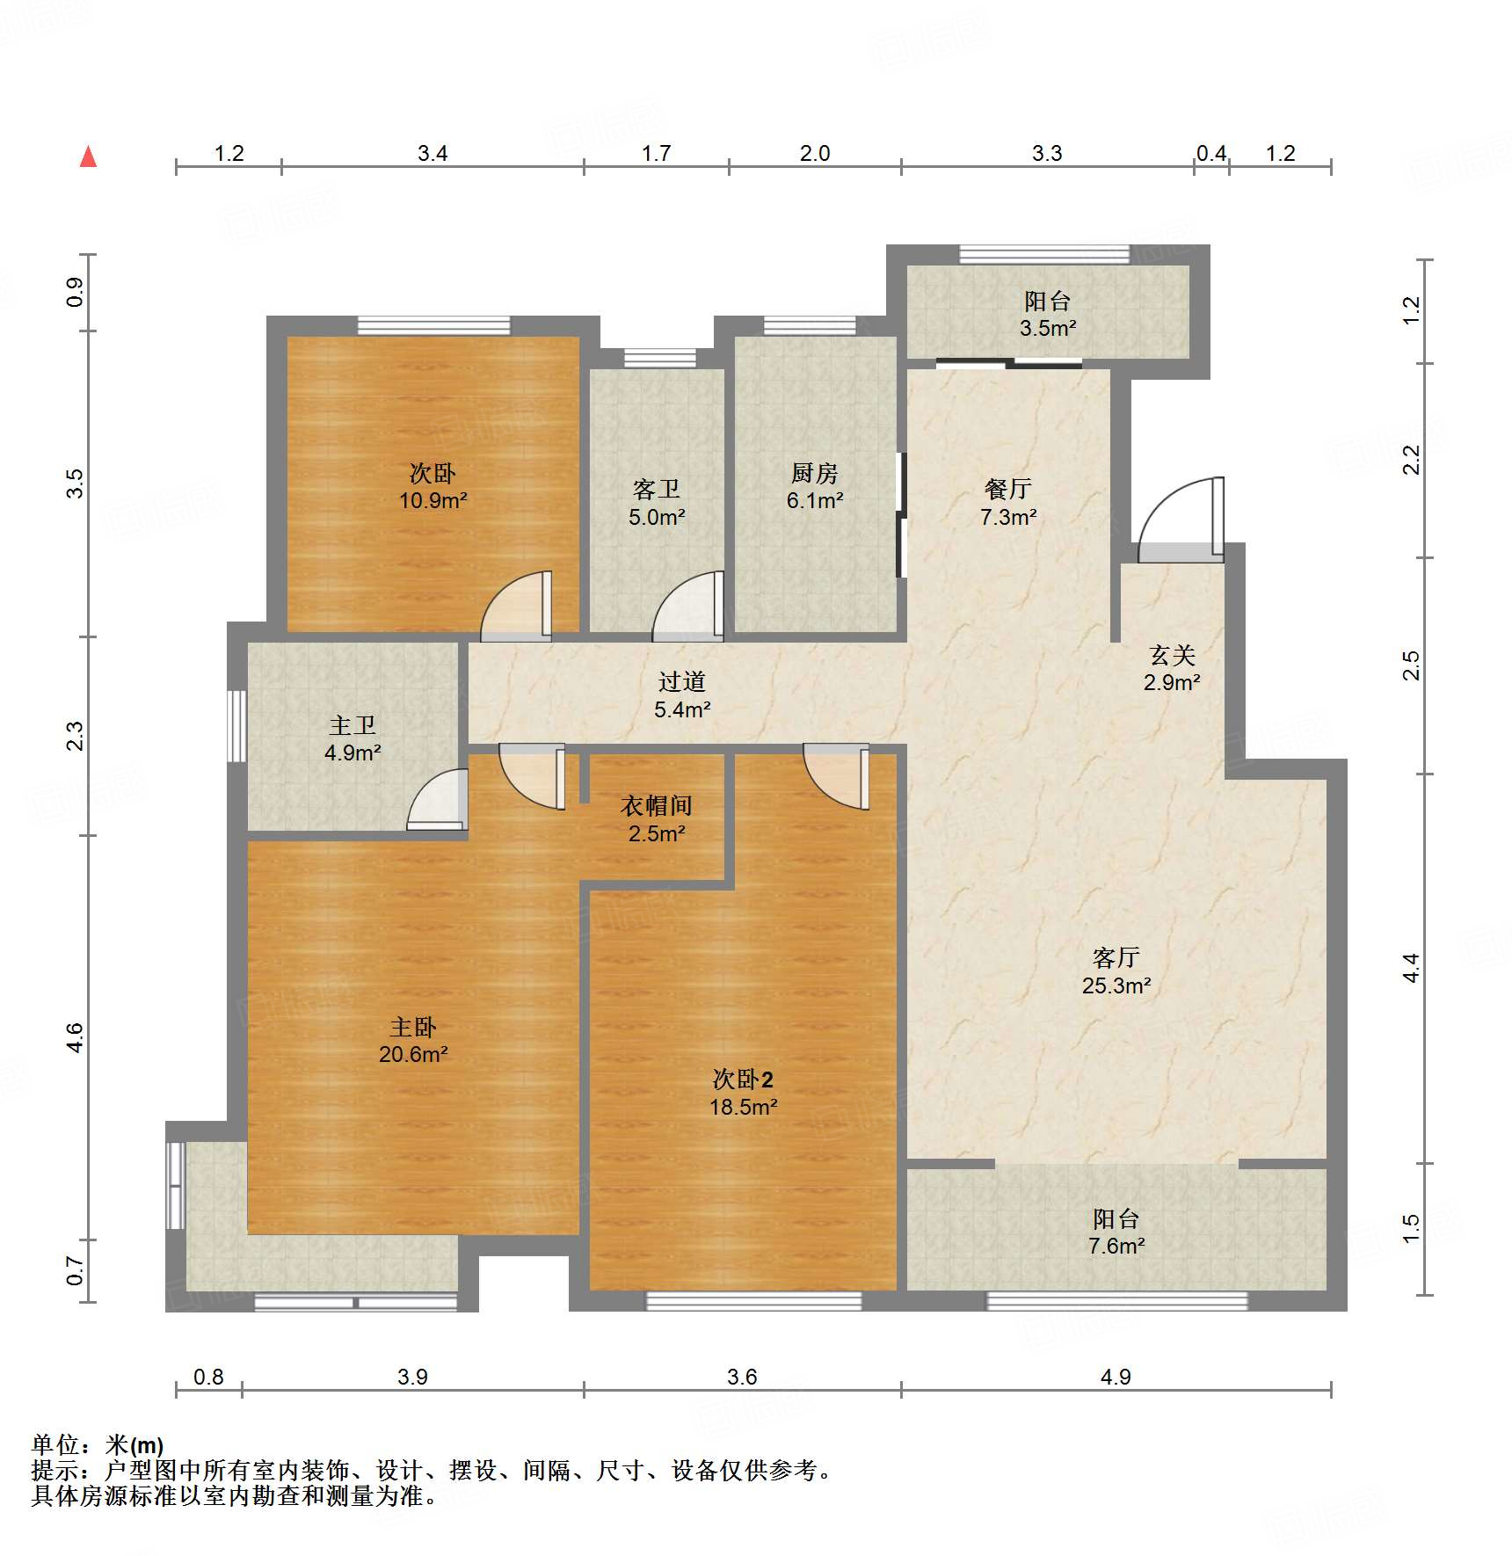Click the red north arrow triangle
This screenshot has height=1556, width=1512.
(x=88, y=157)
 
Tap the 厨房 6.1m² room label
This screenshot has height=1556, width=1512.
(x=814, y=487)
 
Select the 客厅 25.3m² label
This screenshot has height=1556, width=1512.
(x=1116, y=971)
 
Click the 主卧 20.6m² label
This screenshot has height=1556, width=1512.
(x=413, y=1040)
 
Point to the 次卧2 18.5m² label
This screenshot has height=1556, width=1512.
(x=743, y=1093)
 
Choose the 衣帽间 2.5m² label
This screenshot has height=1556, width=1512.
(x=656, y=819)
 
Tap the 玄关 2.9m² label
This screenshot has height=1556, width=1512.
(x=1172, y=668)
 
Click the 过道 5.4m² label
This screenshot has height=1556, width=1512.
(x=681, y=694)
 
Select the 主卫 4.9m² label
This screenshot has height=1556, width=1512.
(x=352, y=738)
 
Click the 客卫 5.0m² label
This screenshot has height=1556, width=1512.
(x=656, y=503)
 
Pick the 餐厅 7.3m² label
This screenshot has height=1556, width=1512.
(x=1007, y=503)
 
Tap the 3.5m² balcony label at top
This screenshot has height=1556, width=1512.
(x=1047, y=315)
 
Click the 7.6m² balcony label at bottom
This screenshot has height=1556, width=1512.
(x=1116, y=1232)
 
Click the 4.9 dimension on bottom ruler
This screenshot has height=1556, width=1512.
(x=1116, y=1377)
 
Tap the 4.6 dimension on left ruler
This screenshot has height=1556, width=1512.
(x=75, y=1037)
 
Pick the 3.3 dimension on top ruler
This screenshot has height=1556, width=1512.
(x=1046, y=154)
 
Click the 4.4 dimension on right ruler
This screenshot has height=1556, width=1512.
(x=1410, y=968)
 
